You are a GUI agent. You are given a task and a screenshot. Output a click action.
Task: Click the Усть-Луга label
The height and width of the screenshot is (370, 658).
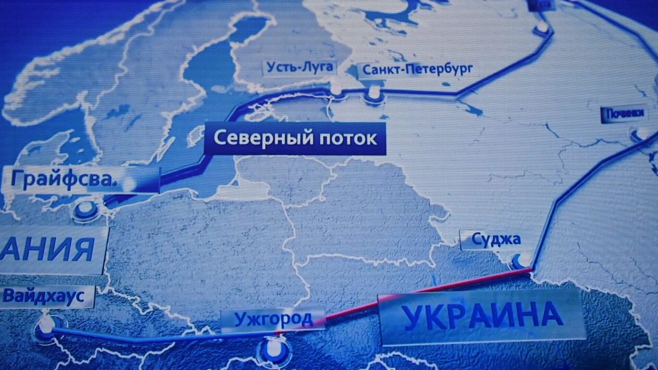[300, 67]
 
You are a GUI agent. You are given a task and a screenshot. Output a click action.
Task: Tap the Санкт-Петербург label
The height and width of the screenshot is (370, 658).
[417, 70]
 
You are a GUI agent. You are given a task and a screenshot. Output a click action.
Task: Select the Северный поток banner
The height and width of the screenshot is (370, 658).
[295, 139]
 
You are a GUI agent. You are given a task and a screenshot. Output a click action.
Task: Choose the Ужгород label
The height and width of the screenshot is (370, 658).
[273, 319]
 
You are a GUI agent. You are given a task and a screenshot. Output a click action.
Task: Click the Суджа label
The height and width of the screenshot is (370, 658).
[496, 239]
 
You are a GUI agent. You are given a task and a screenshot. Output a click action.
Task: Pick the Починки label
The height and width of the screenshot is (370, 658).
[625, 114]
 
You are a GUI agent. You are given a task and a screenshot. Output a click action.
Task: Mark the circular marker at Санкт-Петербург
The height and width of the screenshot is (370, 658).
[373, 94]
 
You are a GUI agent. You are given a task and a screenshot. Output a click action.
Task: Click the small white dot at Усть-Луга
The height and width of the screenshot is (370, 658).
[337, 92]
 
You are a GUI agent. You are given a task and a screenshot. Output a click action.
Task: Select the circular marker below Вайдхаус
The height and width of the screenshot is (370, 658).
[48, 327]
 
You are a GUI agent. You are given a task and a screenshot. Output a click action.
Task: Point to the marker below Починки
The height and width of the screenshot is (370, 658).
[639, 135]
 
